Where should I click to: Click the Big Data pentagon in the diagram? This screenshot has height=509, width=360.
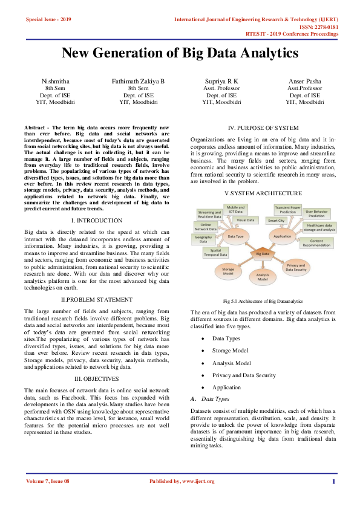pos(263,254)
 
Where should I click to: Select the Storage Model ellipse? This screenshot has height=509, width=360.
pos(228,272)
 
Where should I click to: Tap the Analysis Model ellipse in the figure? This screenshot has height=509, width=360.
pos(263,279)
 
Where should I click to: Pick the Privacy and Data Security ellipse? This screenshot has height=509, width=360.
pos(296,267)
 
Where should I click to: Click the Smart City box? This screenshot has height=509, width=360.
pos(277,221)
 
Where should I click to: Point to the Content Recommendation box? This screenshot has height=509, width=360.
pos(316,243)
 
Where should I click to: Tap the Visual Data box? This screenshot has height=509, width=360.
pos(246,221)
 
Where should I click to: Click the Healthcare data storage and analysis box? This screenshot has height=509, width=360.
pos(321,227)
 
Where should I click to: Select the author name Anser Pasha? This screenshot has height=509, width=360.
pos(305,80)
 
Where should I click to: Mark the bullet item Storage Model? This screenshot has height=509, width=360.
pos(230,351)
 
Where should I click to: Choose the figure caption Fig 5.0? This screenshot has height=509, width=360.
pos(263,300)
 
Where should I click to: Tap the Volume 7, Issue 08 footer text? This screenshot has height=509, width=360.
pos(48,481)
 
